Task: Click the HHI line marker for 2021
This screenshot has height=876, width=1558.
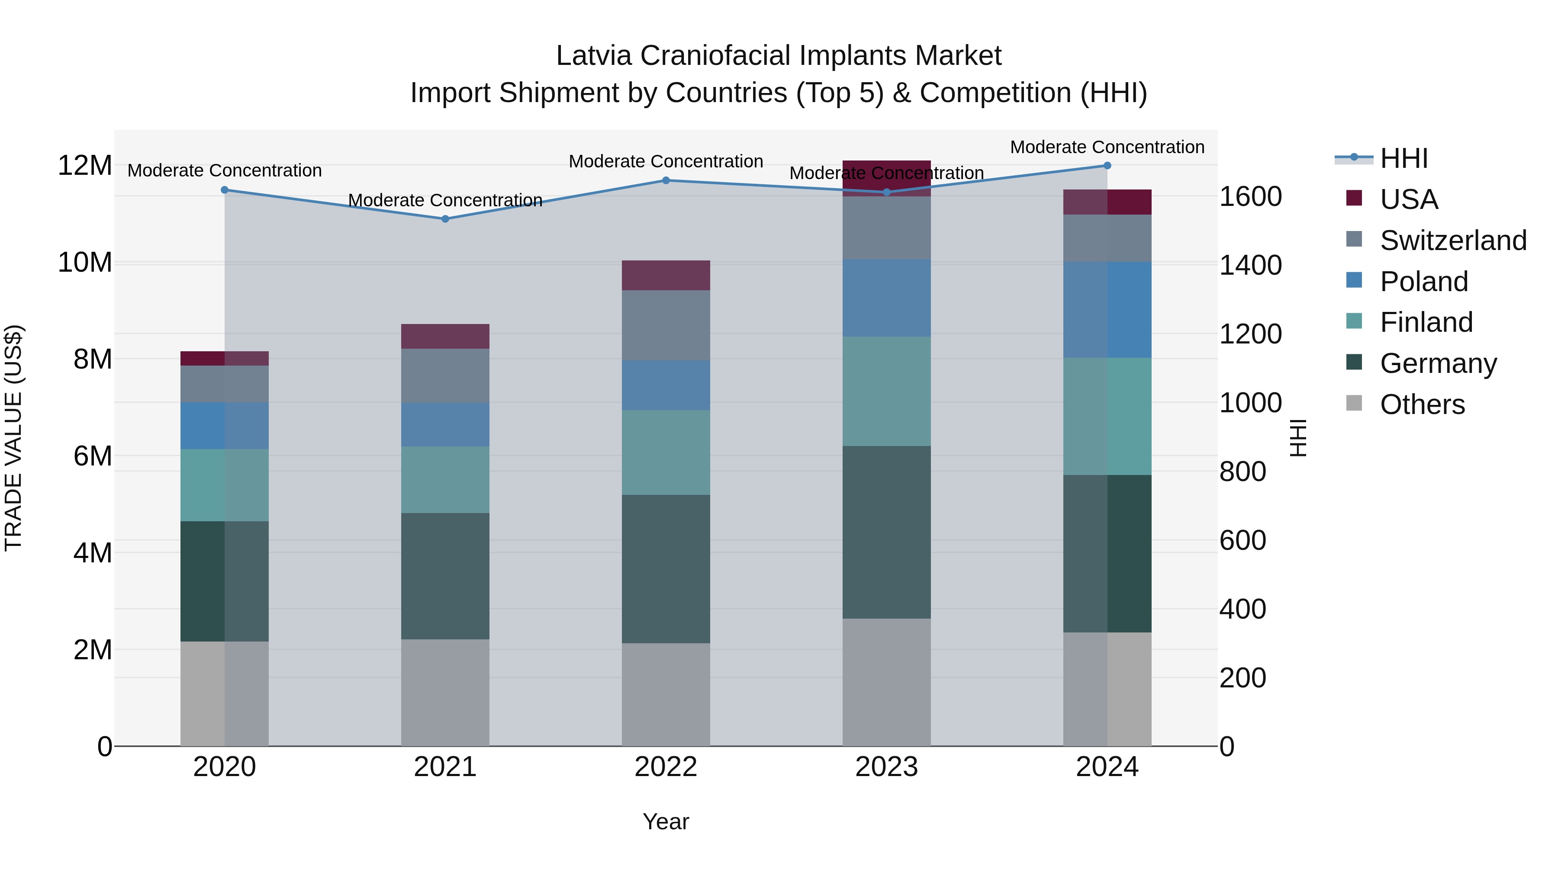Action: pyautogui.click(x=445, y=219)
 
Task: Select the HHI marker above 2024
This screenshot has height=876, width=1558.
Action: pyautogui.click(x=1107, y=166)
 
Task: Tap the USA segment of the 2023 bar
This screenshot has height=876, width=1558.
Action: pyautogui.click(x=887, y=178)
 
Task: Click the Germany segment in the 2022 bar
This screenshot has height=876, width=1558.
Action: pyautogui.click(x=666, y=568)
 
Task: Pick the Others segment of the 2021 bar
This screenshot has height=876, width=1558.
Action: pyautogui.click(x=445, y=692)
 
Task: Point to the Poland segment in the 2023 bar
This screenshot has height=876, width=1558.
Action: pyautogui.click(x=887, y=298)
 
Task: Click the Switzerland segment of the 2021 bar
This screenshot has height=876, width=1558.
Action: pyautogui.click(x=445, y=375)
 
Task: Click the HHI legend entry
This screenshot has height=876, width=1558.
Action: pyautogui.click(x=1403, y=158)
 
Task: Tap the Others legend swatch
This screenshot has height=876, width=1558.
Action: pyautogui.click(x=1354, y=403)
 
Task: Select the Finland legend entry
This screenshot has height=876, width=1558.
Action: pyautogui.click(x=1426, y=322)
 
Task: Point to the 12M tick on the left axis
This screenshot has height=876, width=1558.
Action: pyautogui.click(x=85, y=166)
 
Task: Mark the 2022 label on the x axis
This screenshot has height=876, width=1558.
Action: pyautogui.click(x=666, y=767)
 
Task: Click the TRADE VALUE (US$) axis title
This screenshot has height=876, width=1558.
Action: pyautogui.click(x=13, y=438)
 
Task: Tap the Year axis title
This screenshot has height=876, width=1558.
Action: pyautogui.click(x=666, y=821)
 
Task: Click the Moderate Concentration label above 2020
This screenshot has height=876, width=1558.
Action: pyautogui.click(x=224, y=170)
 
